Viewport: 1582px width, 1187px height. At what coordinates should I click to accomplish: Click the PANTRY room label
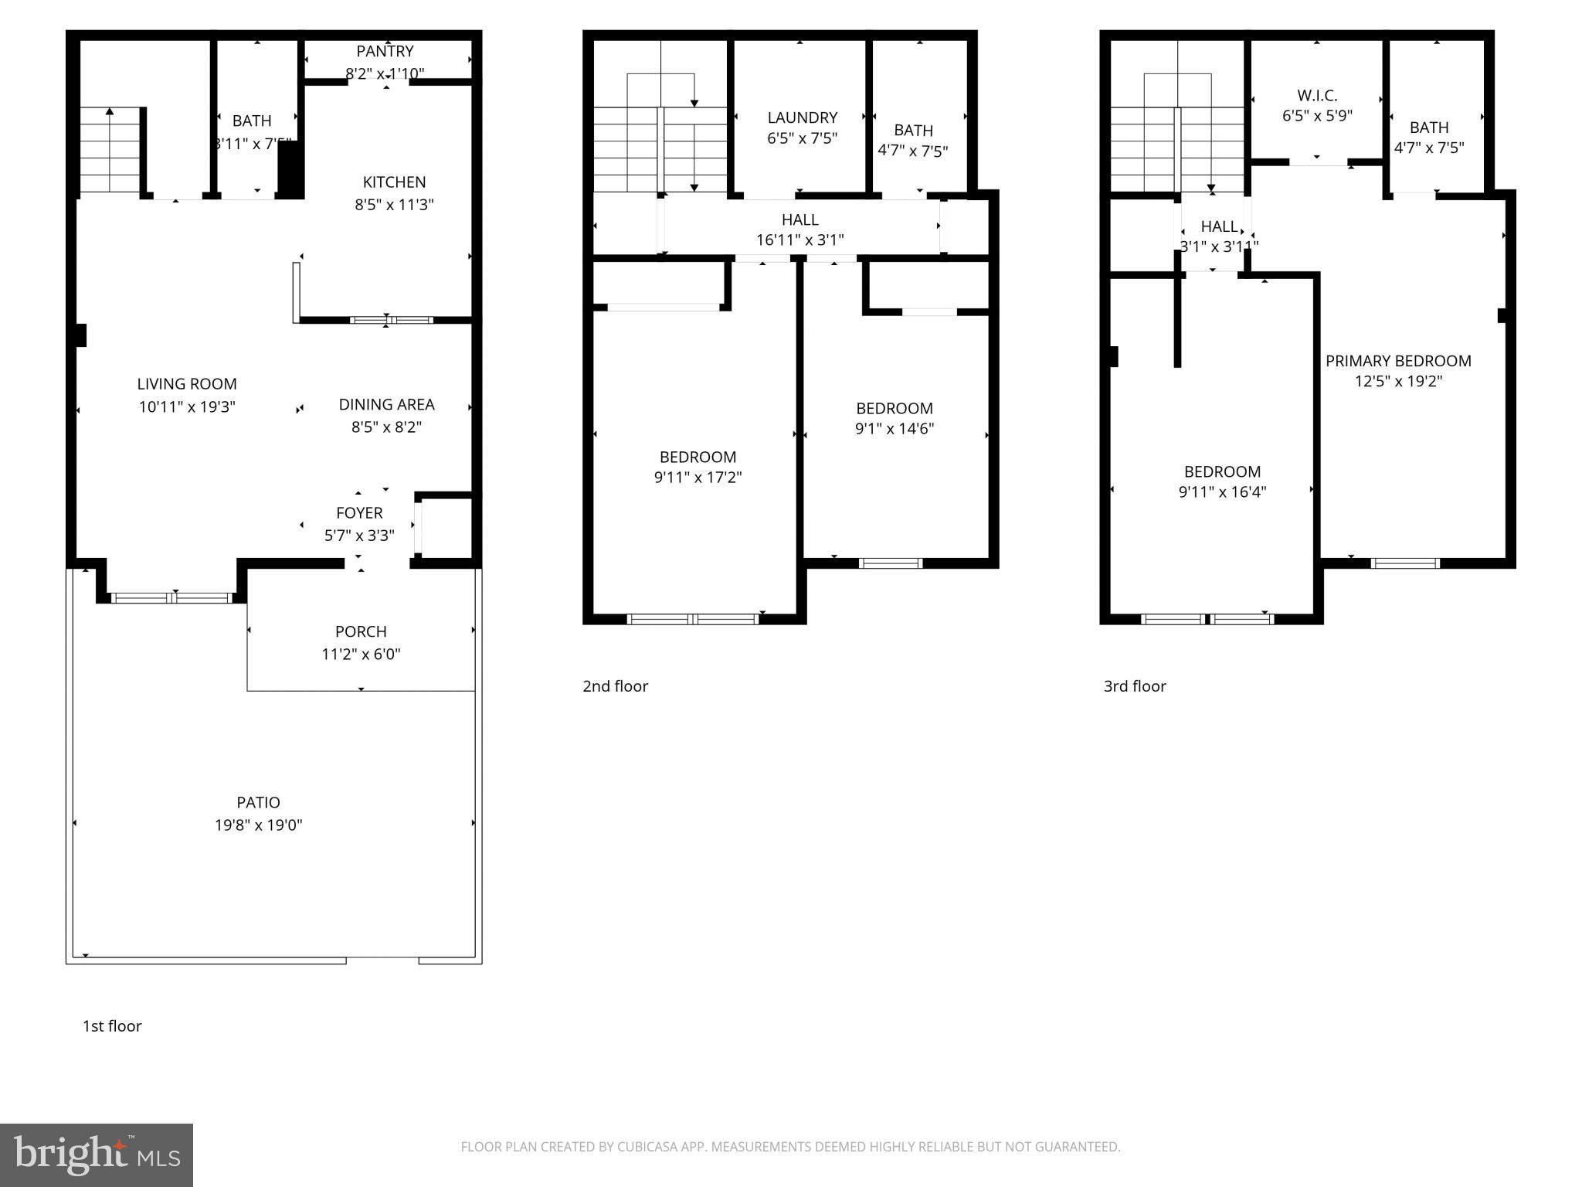pos(385,51)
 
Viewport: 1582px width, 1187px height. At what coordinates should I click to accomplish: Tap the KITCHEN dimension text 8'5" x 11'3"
pos(394,205)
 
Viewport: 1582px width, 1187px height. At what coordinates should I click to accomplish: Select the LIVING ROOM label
pos(187,384)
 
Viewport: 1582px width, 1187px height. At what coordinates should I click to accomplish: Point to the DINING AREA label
pos(386,404)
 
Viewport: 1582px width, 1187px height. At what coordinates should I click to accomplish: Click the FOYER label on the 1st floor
pos(359,513)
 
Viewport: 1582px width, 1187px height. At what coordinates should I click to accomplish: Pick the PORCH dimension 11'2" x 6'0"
pos(361,655)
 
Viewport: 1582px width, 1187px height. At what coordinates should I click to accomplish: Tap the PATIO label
pos(258,802)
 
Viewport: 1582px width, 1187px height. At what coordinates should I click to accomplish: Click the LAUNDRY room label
pos(802,117)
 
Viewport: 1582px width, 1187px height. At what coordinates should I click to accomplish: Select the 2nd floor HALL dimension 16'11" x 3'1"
pos(799,240)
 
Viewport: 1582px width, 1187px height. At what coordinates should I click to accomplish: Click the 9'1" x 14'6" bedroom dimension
pos(894,429)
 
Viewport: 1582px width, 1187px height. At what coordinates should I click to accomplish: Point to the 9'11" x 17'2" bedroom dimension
pos(698,478)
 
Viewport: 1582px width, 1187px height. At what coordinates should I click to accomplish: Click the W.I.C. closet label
pos(1317,96)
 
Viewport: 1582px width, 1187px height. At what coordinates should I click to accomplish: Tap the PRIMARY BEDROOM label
pos(1398,361)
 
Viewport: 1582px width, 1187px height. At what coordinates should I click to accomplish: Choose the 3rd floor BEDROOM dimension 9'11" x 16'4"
pos(1222,492)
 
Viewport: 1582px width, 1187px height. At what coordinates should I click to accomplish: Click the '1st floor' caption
pos(112,1026)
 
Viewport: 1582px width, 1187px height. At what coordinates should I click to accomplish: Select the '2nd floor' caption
pos(615,686)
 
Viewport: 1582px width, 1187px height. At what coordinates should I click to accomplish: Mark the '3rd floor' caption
pos(1134,686)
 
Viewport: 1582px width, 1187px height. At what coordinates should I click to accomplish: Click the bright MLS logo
pos(97,1155)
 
